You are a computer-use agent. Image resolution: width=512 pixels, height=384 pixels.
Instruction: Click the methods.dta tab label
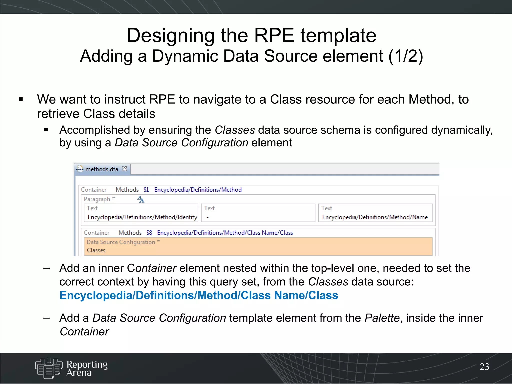pyautogui.click(x=101, y=169)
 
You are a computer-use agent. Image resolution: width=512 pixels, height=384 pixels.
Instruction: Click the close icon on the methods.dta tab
pyautogui.click(x=124, y=169)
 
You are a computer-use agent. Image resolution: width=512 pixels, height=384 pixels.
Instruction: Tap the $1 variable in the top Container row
pyautogui.click(x=146, y=190)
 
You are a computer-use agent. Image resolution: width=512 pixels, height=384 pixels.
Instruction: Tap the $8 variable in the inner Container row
pyautogui.click(x=149, y=233)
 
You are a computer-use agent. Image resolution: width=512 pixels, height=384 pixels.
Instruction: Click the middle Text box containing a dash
pyautogui.click(x=258, y=213)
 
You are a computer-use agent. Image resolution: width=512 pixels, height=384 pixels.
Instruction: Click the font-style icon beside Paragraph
pyautogui.click(x=141, y=199)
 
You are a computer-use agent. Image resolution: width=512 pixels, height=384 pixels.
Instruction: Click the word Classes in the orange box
pyautogui.click(x=96, y=250)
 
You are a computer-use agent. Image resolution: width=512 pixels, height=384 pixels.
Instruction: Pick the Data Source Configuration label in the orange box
pyautogui.click(x=121, y=242)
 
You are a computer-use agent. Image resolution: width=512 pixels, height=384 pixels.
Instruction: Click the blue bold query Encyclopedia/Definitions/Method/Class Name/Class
pyautogui.click(x=199, y=296)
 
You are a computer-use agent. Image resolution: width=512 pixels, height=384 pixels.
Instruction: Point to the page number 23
pyautogui.click(x=484, y=367)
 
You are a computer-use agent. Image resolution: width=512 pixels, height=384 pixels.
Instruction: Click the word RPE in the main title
pyautogui.click(x=274, y=36)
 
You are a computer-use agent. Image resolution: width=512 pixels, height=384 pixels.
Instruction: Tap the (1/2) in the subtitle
pyautogui.click(x=405, y=56)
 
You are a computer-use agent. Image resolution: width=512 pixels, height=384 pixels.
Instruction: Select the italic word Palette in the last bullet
pyautogui.click(x=382, y=318)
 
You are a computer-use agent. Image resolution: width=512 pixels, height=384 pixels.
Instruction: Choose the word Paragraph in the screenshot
pyautogui.click(x=97, y=199)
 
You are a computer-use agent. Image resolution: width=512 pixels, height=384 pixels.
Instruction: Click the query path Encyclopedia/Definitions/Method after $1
pyautogui.click(x=198, y=190)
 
